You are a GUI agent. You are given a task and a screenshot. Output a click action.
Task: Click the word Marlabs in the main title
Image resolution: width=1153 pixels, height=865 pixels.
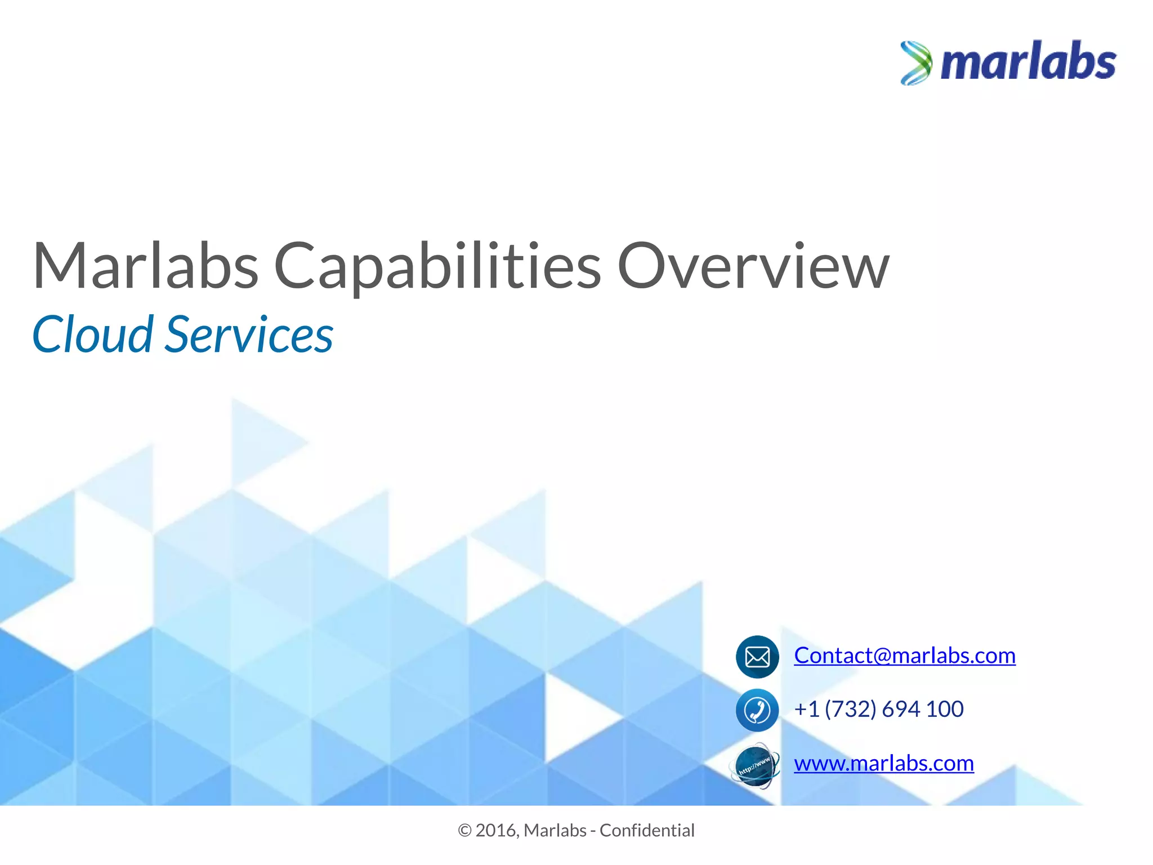click(145, 265)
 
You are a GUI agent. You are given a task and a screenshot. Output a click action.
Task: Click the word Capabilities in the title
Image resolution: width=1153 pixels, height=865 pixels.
click(437, 265)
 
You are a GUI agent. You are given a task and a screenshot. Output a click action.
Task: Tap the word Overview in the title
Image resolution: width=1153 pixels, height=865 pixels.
click(753, 265)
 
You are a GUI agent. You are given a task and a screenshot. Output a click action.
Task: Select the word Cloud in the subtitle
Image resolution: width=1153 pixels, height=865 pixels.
click(92, 335)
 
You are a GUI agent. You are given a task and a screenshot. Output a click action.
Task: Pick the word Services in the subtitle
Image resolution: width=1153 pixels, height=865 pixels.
click(249, 335)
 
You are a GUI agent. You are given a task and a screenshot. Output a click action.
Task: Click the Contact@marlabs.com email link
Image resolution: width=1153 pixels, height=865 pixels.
click(904, 656)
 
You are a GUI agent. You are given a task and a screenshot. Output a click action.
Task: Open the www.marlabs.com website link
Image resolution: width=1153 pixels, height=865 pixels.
click(883, 763)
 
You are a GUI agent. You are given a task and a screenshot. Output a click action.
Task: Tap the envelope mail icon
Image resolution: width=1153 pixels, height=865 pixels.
click(757, 657)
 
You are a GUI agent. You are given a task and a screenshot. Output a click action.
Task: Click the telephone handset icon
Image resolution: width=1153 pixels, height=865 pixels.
click(757, 710)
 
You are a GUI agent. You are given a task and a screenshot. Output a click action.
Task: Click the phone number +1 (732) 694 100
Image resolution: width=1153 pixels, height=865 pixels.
click(878, 709)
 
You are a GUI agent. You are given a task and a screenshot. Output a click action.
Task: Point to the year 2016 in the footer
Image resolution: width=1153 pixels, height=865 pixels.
click(495, 831)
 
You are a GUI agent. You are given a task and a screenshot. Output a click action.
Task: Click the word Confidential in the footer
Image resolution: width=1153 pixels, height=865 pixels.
click(647, 831)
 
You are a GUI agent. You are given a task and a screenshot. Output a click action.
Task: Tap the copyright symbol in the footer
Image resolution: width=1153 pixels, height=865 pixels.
click(464, 831)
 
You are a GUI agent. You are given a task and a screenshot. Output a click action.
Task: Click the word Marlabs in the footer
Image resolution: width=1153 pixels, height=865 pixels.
click(555, 831)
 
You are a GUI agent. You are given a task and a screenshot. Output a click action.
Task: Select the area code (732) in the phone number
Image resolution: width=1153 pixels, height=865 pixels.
click(850, 709)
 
